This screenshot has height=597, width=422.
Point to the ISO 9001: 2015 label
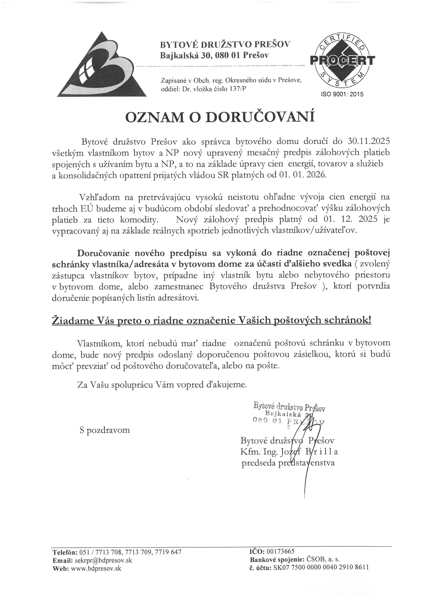(x=342, y=94)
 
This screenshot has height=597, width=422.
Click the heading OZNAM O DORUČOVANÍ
(x=220, y=117)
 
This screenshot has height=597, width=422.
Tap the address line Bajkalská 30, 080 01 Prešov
(x=214, y=55)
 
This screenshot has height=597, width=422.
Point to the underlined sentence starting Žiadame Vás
(x=212, y=321)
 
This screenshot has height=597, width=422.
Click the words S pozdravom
(x=105, y=430)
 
